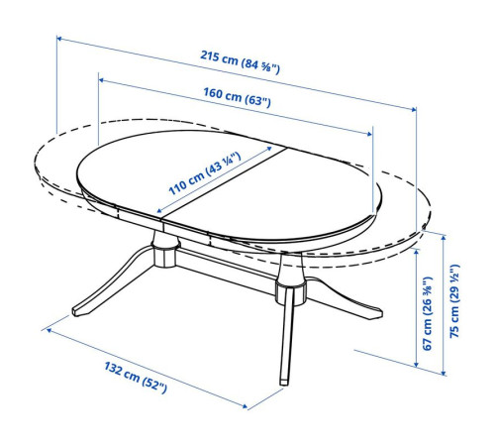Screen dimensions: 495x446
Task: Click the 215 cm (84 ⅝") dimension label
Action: [x=240, y=62]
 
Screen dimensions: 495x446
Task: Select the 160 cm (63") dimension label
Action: [x=237, y=97]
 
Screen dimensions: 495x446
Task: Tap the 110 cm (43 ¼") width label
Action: [x=205, y=173]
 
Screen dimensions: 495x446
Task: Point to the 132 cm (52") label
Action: [x=136, y=378]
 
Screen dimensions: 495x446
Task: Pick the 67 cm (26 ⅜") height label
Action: [x=428, y=313]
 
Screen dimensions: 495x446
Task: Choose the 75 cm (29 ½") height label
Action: [x=454, y=300]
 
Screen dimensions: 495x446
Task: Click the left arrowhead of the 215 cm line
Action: [x=59, y=39]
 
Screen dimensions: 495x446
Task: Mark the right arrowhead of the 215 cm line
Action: [x=413, y=109]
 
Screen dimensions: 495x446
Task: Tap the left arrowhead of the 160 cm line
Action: [x=102, y=80]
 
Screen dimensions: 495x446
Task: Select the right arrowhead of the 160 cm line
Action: [x=369, y=134]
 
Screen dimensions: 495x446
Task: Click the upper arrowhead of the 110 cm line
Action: [x=269, y=149]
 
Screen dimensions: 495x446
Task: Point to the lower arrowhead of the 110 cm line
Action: [x=159, y=210]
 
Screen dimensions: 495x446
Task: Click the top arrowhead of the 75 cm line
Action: [x=444, y=237]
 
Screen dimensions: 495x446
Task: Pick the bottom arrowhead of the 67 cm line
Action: [x=417, y=364]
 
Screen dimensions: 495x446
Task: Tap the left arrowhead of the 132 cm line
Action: [x=49, y=329]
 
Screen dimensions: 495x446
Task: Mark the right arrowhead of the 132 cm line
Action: [x=245, y=406]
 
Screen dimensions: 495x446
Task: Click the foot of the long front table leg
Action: [x=283, y=382]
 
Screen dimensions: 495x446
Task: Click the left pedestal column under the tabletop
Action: [x=165, y=250]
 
